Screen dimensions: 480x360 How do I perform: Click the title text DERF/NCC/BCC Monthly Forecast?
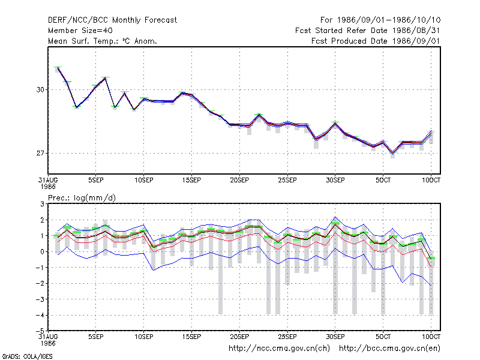(x=112, y=20)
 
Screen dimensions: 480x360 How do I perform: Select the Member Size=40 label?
(x=80, y=31)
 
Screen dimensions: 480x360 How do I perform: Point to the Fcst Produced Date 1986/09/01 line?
(x=376, y=41)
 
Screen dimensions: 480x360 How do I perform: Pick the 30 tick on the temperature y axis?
(x=40, y=89)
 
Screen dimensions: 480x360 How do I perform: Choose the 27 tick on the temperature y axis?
(x=40, y=153)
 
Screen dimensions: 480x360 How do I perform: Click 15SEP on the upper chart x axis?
(x=191, y=180)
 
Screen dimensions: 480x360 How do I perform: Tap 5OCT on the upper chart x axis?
(x=383, y=180)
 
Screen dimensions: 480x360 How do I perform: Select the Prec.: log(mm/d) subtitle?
(x=82, y=198)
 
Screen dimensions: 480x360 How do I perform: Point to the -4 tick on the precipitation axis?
(x=40, y=315)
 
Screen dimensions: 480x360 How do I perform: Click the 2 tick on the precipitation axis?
(x=42, y=220)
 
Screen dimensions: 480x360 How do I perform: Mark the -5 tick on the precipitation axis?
(x=40, y=331)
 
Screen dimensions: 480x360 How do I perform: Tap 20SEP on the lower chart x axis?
(x=239, y=337)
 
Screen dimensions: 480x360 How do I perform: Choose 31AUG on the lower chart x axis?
(x=48, y=337)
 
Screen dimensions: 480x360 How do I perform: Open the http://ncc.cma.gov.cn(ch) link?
(x=279, y=349)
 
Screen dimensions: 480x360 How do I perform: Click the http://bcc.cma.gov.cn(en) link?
(x=389, y=349)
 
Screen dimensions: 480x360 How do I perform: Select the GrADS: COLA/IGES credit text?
(x=27, y=356)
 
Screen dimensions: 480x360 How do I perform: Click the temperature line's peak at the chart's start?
(x=58, y=68)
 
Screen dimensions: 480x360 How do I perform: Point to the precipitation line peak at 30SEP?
(x=335, y=224)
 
